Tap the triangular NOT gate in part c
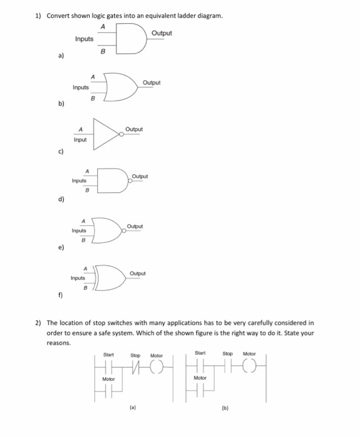(106, 132)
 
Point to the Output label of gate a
(161, 32)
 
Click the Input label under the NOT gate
(80, 140)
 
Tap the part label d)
(61, 200)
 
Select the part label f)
(61, 297)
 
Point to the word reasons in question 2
(60, 343)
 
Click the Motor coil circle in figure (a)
(157, 367)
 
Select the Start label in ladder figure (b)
(200, 354)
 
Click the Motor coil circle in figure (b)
(250, 367)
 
